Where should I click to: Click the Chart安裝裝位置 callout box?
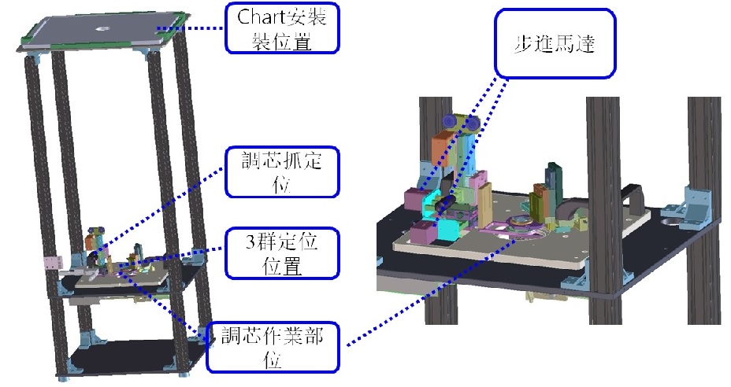click(282, 28)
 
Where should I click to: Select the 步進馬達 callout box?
click(555, 43)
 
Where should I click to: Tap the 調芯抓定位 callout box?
click(282, 171)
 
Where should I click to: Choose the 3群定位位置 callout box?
click(282, 253)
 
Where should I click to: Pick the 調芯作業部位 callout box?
click(273, 348)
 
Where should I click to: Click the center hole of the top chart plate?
click(102, 29)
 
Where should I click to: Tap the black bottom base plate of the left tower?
click(135, 356)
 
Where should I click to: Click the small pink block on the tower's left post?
click(52, 263)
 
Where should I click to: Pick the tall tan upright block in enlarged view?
click(485, 206)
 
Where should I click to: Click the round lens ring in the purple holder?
click(524, 223)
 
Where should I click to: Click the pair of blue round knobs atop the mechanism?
click(462, 122)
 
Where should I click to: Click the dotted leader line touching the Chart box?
click(190, 28)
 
